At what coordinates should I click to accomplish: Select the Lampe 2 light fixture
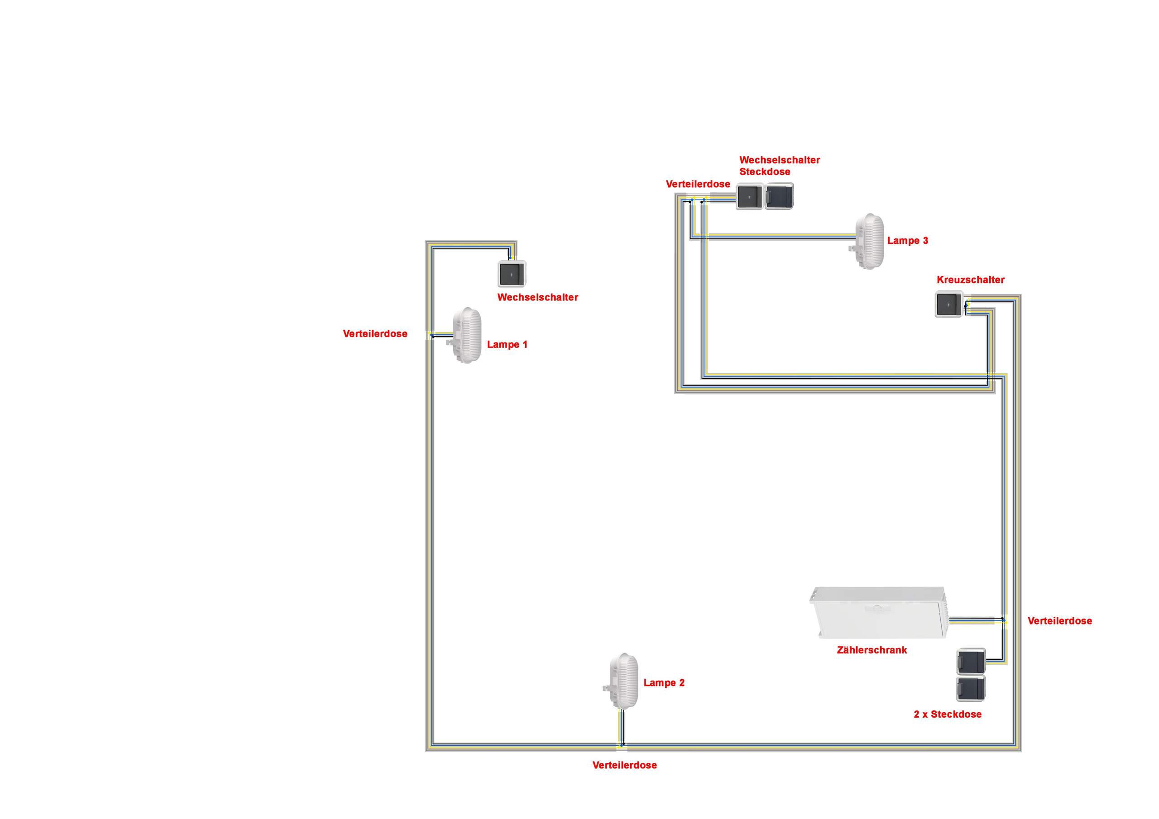coord(623,681)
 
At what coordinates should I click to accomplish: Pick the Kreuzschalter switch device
coord(949,304)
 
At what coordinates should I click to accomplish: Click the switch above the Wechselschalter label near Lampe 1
coord(512,273)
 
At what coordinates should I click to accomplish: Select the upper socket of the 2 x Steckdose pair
coord(971,662)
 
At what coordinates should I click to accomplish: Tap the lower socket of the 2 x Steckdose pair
coord(971,689)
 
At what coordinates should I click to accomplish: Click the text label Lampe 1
coord(508,345)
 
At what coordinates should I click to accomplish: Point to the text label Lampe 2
coord(664,683)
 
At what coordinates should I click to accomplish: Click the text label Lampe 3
coord(908,241)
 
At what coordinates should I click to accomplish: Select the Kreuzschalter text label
coord(971,280)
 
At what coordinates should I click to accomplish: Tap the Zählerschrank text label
coord(872,650)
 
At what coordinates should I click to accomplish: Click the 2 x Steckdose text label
coord(948,714)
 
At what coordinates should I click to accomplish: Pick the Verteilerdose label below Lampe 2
coord(624,765)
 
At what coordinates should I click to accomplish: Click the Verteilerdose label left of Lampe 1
coord(375,333)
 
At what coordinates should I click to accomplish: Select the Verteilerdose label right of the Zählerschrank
coord(1060,621)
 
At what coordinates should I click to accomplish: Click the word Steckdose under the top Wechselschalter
coord(765,171)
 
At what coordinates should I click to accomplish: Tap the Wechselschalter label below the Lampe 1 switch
coord(537,297)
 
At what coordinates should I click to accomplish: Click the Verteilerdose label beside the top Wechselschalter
coord(698,184)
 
